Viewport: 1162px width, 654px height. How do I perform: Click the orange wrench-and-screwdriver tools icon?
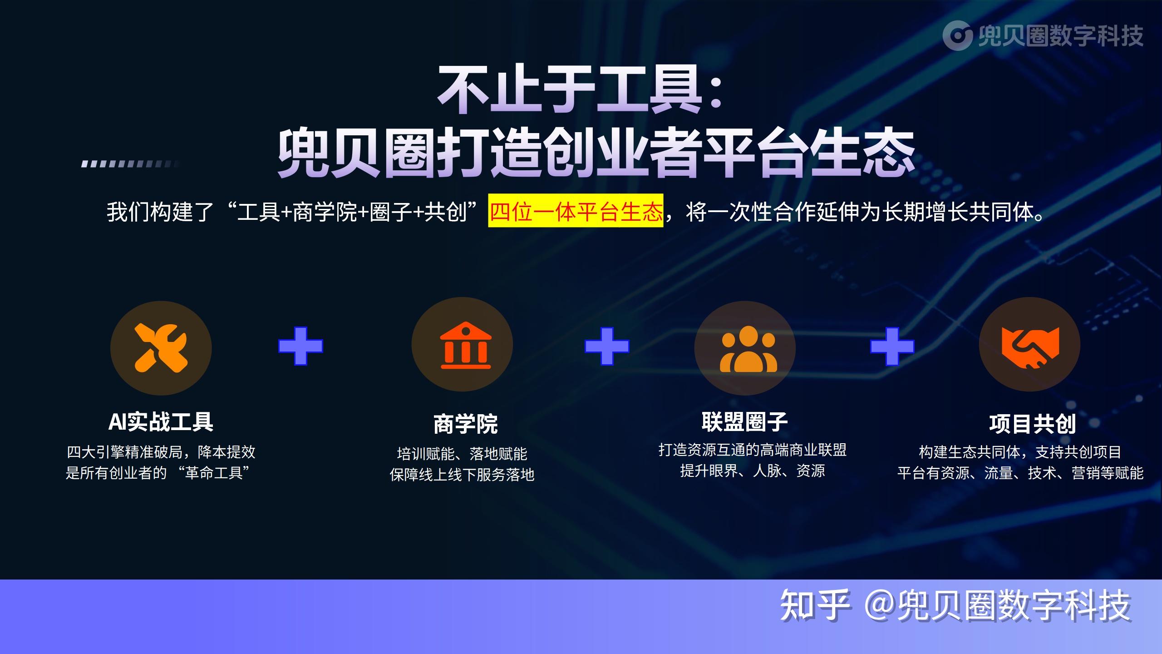161,348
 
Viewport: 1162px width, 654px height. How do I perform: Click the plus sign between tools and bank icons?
300,346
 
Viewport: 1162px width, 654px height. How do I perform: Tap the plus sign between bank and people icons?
607,346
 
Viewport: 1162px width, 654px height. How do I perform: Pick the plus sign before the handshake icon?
892,346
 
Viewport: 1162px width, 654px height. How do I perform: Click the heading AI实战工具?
161,422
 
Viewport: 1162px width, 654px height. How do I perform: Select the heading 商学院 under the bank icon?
465,424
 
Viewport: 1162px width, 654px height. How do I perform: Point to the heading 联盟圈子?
744,422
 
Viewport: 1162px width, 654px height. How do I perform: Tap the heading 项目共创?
1032,424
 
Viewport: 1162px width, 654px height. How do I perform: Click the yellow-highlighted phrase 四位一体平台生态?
576,211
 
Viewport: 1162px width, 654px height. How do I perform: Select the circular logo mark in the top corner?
957,36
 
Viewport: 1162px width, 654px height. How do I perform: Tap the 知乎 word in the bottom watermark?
814,605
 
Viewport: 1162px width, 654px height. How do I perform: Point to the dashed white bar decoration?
130,164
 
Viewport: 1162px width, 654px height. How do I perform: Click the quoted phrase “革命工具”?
217,473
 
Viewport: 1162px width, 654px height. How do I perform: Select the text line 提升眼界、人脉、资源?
752,471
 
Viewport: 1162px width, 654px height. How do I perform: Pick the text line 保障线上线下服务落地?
462,475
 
